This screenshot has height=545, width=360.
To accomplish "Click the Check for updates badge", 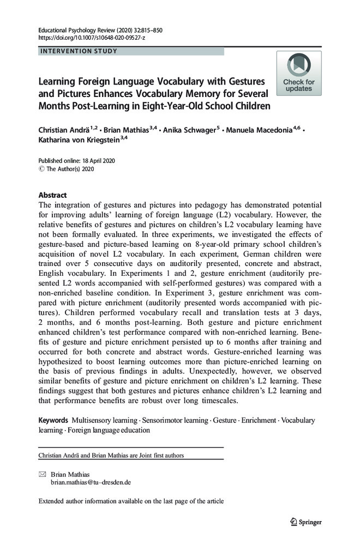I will tap(298, 73).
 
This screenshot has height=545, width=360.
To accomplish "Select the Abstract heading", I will tap(52, 195).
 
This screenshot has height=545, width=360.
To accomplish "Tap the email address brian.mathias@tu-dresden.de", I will tap(90, 482).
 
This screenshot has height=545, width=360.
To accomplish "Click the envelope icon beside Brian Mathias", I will tap(43, 474).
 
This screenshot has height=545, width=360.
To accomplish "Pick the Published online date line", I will tap(76, 161).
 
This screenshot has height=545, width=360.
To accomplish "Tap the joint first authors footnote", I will tap(111, 455).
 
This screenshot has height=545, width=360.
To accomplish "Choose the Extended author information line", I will tap(131, 501).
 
